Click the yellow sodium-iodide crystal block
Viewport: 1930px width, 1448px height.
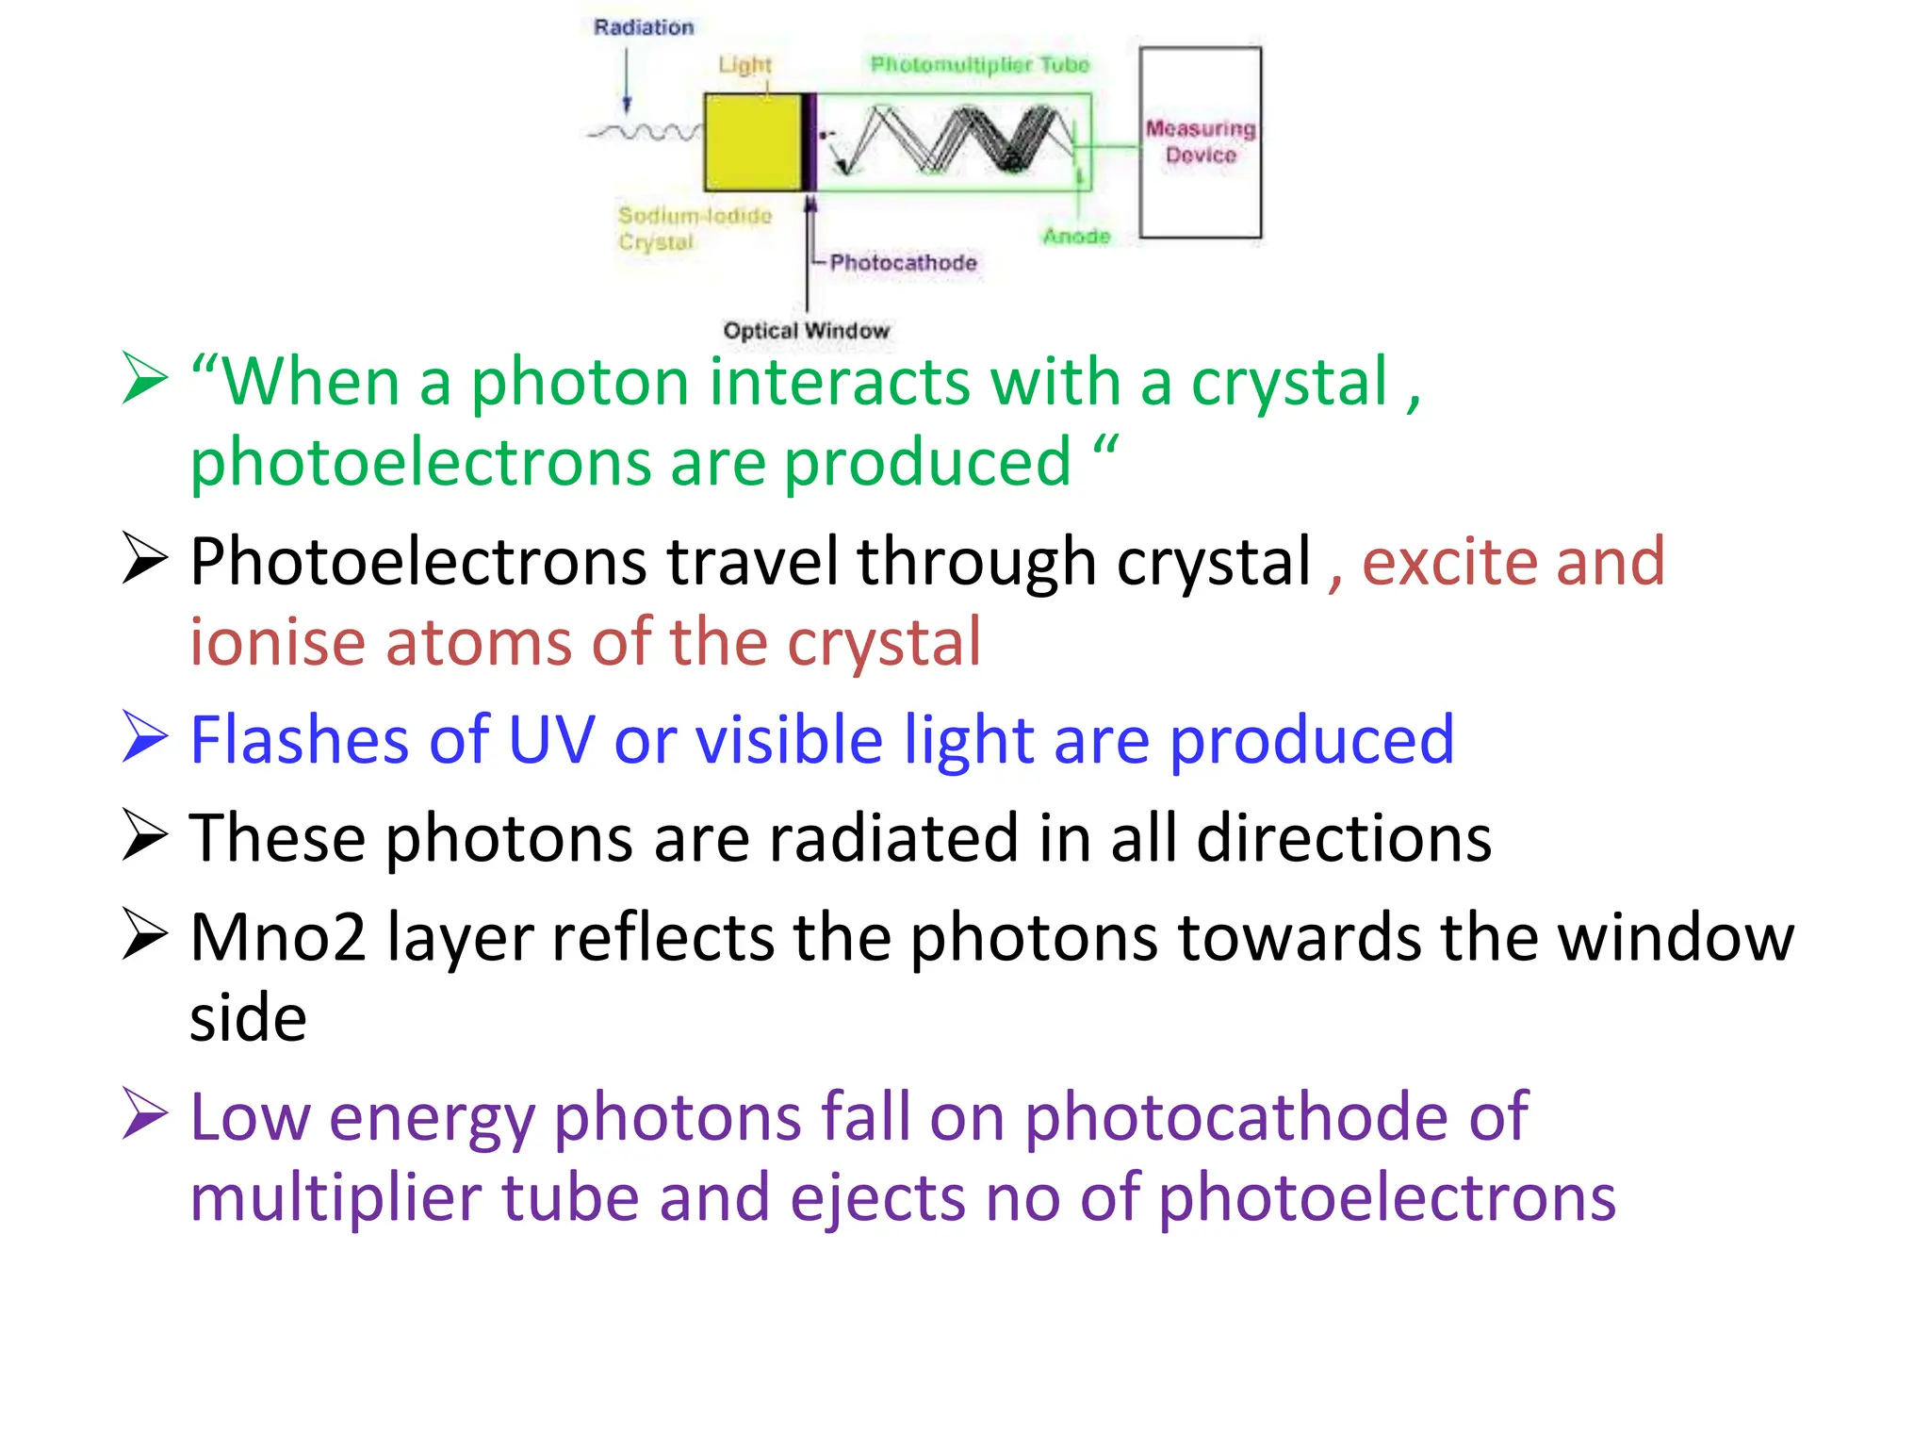point(752,141)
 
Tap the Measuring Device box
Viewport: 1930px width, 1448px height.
point(1200,141)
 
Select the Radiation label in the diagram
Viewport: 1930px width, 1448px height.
point(644,27)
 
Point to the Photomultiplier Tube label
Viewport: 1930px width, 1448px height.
point(979,64)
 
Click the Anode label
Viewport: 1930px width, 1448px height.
point(1076,236)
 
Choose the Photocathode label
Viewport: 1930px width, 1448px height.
point(903,262)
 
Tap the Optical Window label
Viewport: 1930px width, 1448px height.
point(806,331)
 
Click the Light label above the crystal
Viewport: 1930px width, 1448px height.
point(744,65)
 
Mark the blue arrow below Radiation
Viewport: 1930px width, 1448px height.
point(627,80)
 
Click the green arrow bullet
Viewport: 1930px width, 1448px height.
point(144,379)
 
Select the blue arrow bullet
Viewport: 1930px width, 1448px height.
point(144,737)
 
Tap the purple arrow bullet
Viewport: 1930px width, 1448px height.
point(144,1114)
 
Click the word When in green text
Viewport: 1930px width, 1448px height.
point(311,382)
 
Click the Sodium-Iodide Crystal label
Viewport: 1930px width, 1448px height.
point(694,228)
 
